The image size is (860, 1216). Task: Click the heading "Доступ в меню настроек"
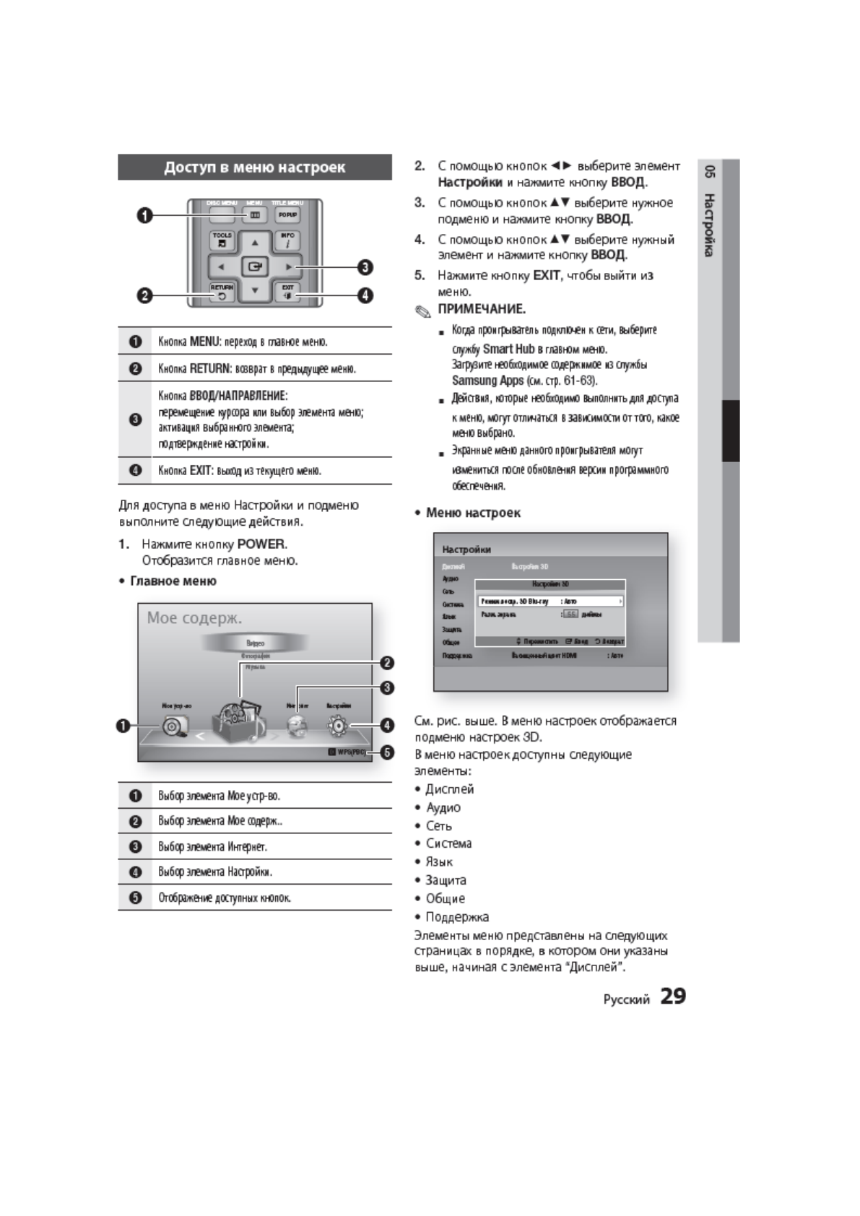pos(254,168)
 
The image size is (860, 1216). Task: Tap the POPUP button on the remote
pos(287,214)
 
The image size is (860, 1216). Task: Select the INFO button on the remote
pos(287,240)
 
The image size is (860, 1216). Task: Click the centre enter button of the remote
pos(254,266)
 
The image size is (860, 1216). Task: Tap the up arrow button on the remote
pos(255,243)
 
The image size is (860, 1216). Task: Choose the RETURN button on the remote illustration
pos(222,292)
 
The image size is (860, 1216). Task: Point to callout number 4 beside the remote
pos(365,295)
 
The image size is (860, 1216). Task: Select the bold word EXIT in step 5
pos(546,275)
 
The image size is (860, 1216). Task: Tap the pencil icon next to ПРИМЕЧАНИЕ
pos(422,311)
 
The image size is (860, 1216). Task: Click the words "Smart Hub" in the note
pos(508,349)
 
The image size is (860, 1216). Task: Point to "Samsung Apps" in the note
pos(487,381)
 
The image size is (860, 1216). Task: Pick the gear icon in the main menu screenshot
pos(338,726)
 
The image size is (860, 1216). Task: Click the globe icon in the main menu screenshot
pos(297,726)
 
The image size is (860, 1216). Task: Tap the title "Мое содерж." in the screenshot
pos(194,618)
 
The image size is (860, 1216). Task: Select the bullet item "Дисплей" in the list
pos(449,789)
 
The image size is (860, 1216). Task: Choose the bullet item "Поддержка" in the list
pos(456,917)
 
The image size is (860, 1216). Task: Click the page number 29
pos(673,996)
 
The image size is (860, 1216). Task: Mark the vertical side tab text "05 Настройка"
pos(710,211)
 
